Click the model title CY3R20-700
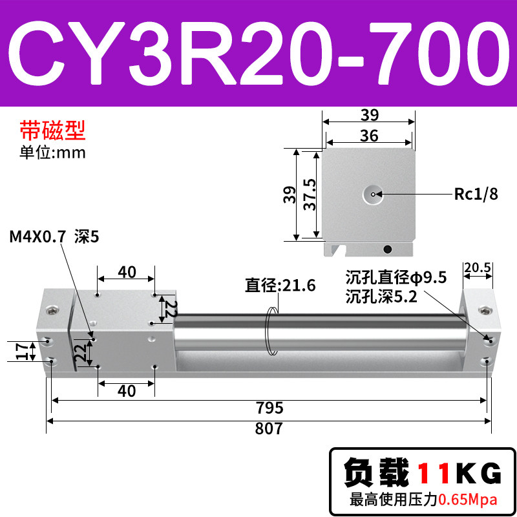pyautogui.click(x=259, y=54)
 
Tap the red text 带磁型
pyautogui.click(x=53, y=131)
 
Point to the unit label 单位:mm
pyautogui.click(x=53, y=153)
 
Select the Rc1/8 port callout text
pyautogui.click(x=476, y=194)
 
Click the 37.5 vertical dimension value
pyautogui.click(x=310, y=195)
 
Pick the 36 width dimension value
pyautogui.click(x=369, y=136)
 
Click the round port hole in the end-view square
pyautogui.click(x=373, y=195)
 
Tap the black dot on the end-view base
pyautogui.click(x=388, y=249)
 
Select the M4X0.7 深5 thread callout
pyautogui.click(x=54, y=237)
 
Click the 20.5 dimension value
pyautogui.click(x=478, y=268)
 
